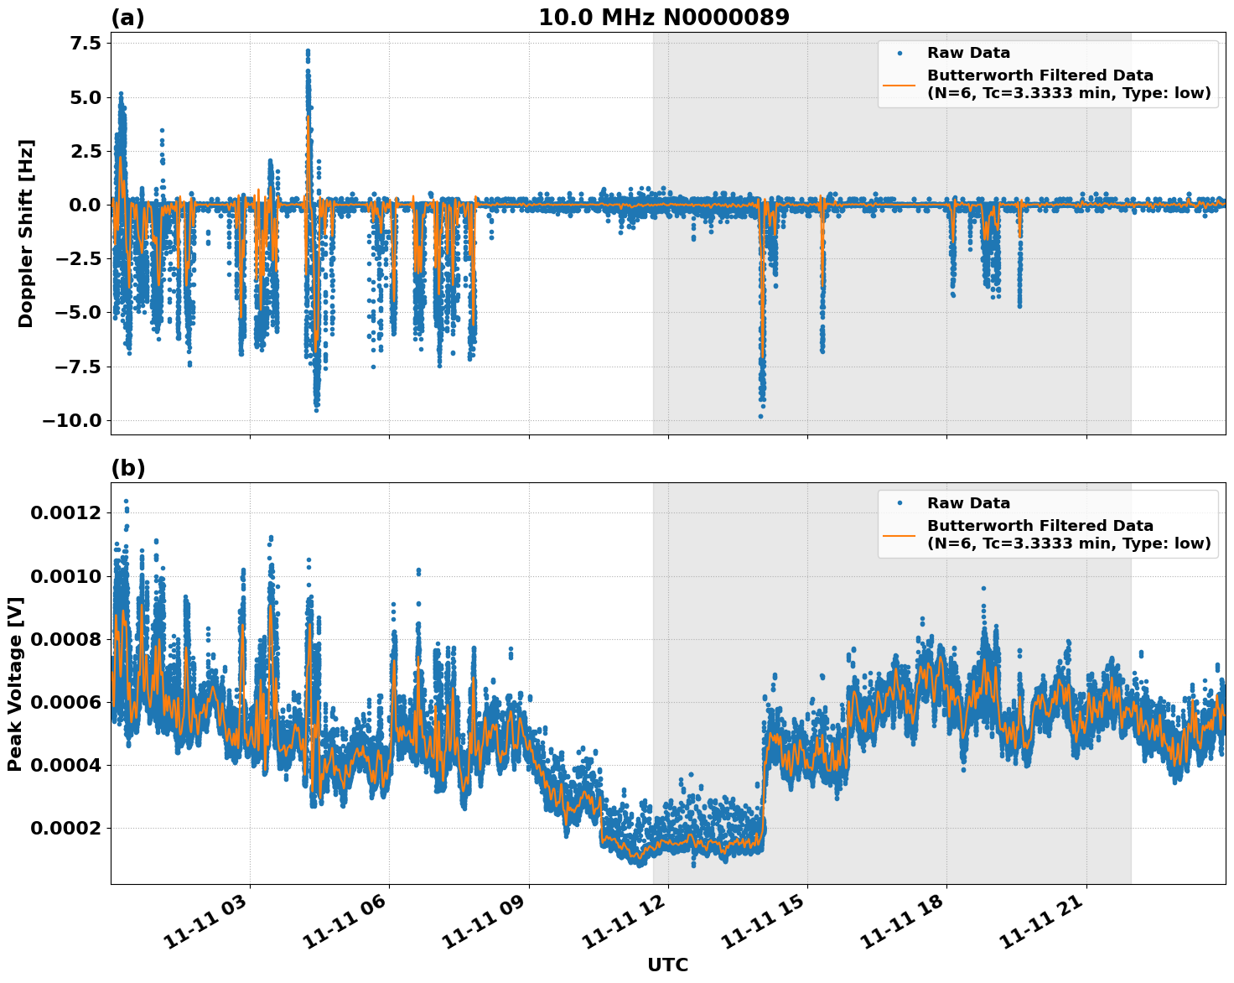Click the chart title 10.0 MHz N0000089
click(663, 18)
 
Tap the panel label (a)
click(127, 18)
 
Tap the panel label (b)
click(127, 468)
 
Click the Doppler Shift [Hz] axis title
click(26, 233)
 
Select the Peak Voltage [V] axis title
click(14, 684)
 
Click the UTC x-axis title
click(667, 965)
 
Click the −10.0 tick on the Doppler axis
click(71, 420)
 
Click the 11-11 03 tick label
click(205, 926)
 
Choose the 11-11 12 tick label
click(624, 926)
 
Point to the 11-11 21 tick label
click(1042, 926)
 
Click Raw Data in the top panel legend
click(968, 53)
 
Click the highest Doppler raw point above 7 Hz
click(308, 50)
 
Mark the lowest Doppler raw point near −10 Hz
click(760, 416)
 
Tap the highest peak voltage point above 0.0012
click(126, 502)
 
